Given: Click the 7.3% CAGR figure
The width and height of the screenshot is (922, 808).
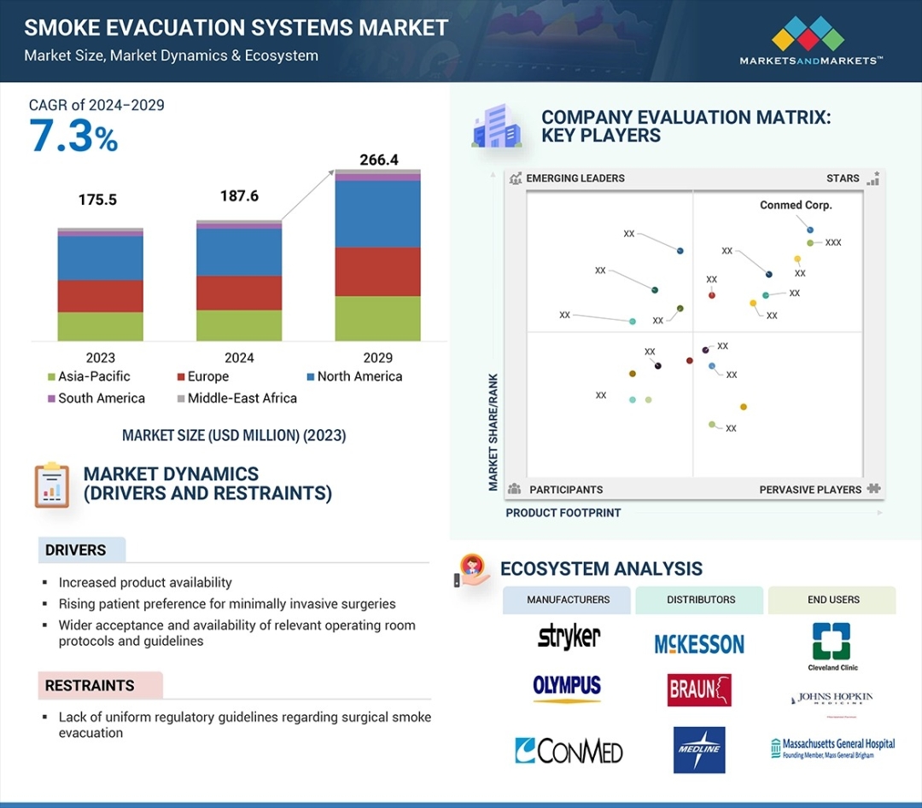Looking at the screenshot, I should tap(73, 137).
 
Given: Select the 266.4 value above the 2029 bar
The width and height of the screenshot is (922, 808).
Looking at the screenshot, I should tap(377, 160).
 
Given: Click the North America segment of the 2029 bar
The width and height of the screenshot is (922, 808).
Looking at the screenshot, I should tap(377, 214).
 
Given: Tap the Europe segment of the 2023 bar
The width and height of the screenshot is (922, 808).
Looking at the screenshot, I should tap(100, 296).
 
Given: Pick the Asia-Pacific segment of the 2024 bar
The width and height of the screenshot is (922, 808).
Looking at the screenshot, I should tap(239, 325).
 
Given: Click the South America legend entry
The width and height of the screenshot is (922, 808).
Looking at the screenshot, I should tap(96, 398).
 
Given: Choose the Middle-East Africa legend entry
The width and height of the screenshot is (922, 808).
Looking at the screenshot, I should tap(236, 398).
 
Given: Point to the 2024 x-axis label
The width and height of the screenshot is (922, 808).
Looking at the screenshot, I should tap(239, 358).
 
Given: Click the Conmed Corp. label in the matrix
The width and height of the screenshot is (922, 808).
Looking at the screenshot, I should tap(796, 205).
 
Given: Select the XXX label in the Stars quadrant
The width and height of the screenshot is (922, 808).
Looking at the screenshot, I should tap(833, 243).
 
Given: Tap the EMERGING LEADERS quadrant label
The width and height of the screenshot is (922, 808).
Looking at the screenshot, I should tap(575, 178).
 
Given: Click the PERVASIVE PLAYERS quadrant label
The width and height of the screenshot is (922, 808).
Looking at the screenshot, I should tap(810, 490).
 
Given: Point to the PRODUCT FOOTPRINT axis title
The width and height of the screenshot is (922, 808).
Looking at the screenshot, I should tap(563, 513).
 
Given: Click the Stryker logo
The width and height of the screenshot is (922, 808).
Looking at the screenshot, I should tap(569, 637).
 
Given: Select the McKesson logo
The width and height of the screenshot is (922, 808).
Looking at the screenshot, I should tap(699, 644).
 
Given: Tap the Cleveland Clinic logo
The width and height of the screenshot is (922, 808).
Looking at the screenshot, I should tap(832, 647).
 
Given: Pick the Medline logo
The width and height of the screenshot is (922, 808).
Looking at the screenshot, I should tap(699, 750).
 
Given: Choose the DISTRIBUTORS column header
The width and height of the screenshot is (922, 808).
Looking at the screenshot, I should tap(699, 600).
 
